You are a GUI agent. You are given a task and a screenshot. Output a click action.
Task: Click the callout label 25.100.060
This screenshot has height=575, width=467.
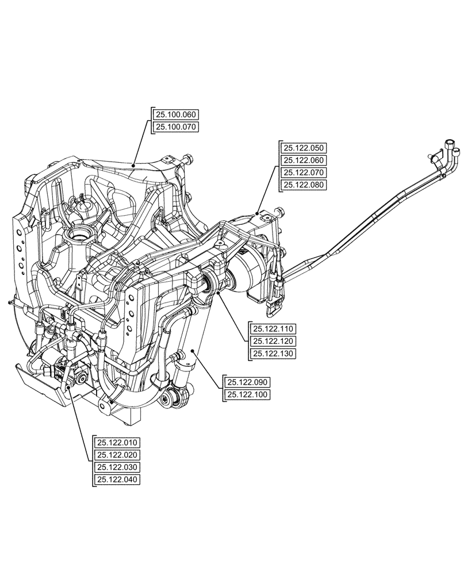click(175, 114)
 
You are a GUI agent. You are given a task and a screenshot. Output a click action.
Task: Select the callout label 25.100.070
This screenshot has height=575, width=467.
click(175, 127)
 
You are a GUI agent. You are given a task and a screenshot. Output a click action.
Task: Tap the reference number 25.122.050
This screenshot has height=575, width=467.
click(304, 148)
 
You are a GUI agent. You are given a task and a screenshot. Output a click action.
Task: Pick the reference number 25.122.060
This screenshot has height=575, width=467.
click(304, 160)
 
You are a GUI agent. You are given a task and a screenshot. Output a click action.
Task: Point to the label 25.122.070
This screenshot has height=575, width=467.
click(304, 172)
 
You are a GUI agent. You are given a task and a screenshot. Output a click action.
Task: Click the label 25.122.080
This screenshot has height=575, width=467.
click(304, 185)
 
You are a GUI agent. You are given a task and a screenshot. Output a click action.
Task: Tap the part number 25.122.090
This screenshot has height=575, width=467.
click(248, 382)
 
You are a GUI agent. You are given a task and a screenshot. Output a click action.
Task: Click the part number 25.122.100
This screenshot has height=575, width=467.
click(248, 394)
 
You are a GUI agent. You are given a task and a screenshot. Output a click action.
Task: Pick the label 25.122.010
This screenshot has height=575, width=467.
click(118, 442)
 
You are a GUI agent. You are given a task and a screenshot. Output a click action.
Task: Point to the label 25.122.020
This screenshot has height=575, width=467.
click(118, 455)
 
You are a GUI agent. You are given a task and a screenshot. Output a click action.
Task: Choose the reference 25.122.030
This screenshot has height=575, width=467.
click(118, 467)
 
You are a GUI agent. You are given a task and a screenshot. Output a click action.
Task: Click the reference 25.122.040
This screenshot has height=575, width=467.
click(118, 480)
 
